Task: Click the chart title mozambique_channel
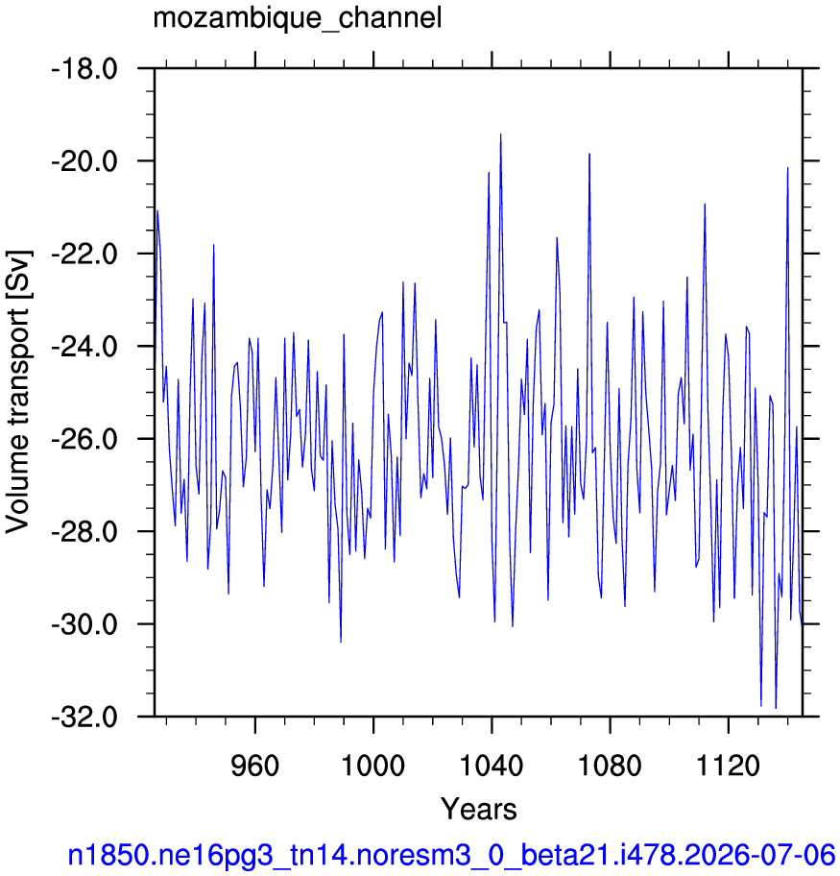[x=298, y=18]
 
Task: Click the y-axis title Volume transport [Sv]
[x=18, y=392]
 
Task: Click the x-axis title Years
[x=479, y=809]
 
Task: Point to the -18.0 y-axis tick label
[x=84, y=69]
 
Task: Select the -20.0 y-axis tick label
[x=84, y=161]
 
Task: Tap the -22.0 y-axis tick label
[x=84, y=255]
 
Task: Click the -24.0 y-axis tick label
[x=84, y=347]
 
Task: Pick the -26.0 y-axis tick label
[x=84, y=439]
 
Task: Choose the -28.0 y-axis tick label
[x=84, y=532]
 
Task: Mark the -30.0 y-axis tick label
[x=84, y=624]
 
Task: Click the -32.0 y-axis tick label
[x=84, y=717]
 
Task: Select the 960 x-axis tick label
[x=255, y=766]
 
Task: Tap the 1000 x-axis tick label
[x=373, y=766]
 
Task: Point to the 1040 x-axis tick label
[x=492, y=766]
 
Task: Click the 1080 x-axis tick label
[x=610, y=766]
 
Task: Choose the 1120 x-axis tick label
[x=729, y=766]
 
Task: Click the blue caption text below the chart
[x=451, y=855]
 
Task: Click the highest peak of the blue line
[x=500, y=134]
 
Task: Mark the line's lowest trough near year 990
[x=341, y=642]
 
